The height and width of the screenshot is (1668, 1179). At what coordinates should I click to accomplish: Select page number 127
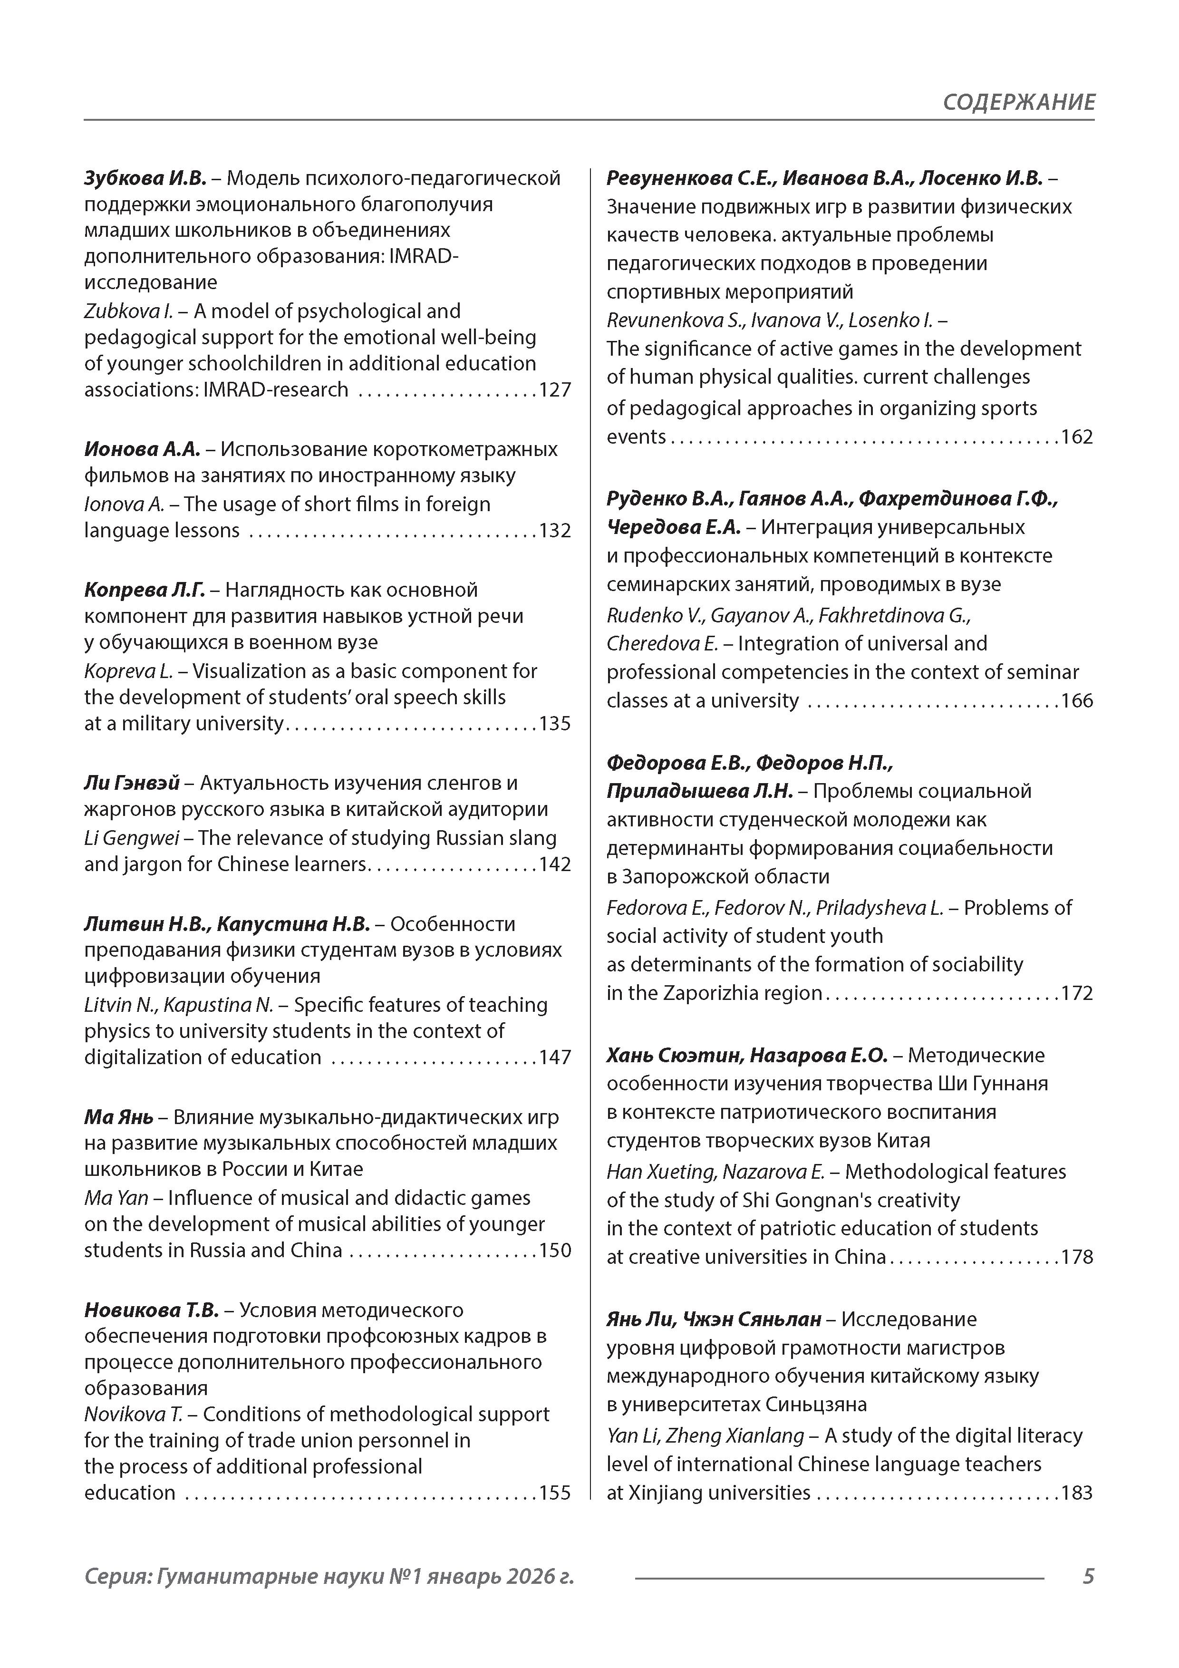pos(555,390)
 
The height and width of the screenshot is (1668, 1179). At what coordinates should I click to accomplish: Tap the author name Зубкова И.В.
pos(145,178)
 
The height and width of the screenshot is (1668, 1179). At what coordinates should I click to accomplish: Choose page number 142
pos(555,864)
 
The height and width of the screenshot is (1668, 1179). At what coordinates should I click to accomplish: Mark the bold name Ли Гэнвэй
pos(132,783)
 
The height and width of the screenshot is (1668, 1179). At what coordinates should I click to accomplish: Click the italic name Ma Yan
pos(116,1198)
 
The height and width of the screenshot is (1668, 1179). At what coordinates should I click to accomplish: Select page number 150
pos(555,1250)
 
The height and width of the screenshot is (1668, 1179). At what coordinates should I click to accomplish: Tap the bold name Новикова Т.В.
pos(151,1310)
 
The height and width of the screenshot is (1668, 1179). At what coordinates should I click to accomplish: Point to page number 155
pos(555,1493)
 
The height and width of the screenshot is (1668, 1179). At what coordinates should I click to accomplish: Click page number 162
pos(1077,437)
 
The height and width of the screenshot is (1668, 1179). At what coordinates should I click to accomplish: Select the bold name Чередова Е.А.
pos(673,527)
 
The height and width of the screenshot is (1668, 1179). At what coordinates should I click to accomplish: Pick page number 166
pos(1077,701)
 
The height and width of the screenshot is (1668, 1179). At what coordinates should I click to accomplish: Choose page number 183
pos(1077,1493)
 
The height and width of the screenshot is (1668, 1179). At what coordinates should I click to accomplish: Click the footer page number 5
pos(1088,1576)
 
